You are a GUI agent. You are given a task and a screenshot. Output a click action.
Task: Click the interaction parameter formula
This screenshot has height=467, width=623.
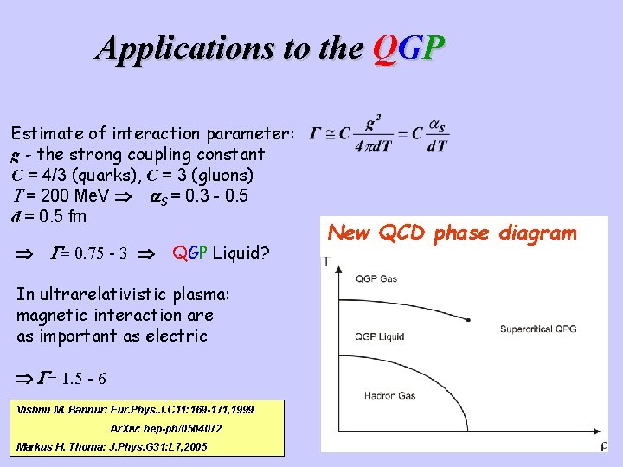380,135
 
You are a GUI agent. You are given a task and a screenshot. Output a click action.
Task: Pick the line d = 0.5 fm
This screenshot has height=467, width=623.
48,215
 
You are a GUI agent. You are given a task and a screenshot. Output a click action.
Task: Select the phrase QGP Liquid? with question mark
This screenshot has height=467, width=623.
221,253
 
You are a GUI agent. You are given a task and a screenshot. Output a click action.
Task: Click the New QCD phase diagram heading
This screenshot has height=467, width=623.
453,233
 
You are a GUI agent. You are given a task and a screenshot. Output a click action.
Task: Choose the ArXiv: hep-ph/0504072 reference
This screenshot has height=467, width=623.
165,429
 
